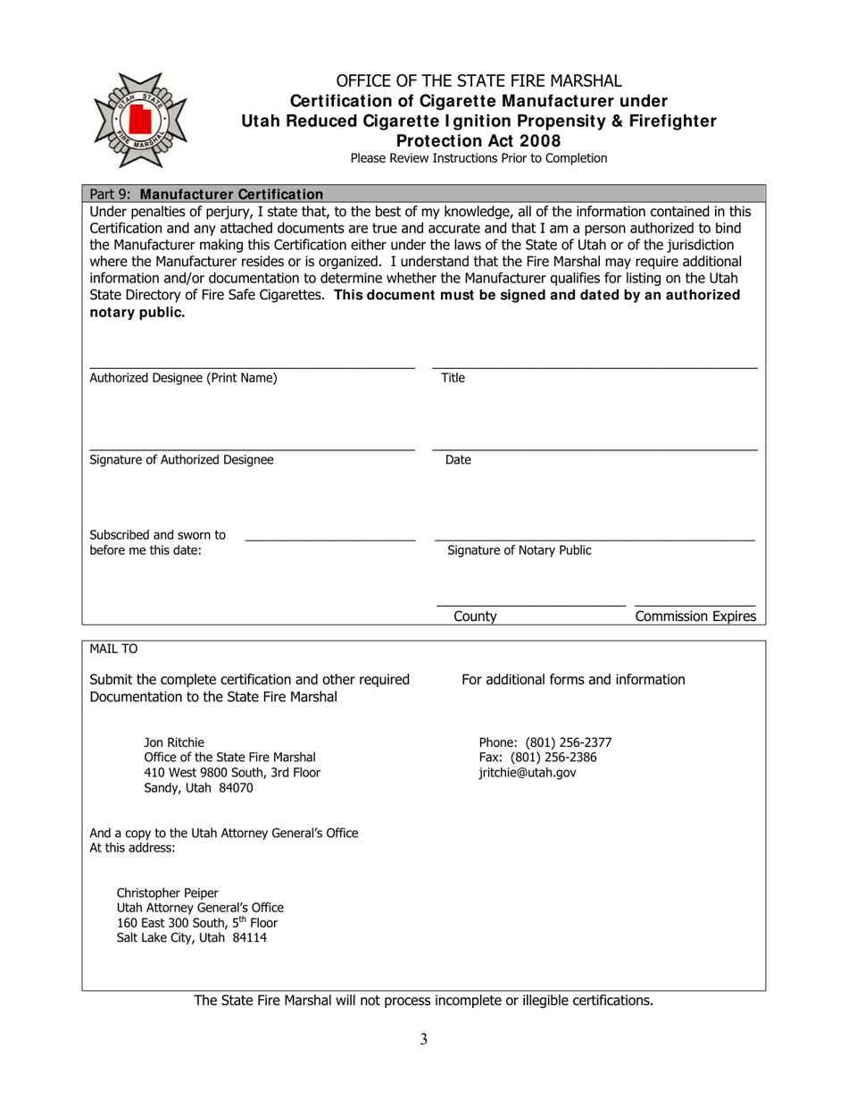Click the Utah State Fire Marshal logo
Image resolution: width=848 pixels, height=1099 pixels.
(139, 121)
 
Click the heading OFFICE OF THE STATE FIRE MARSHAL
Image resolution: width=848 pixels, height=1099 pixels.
(478, 81)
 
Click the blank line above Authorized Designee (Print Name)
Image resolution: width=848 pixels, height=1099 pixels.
(252, 366)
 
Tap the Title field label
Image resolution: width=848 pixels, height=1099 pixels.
(453, 378)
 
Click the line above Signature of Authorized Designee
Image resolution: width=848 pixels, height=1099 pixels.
(252, 449)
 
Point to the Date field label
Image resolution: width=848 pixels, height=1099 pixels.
(458, 460)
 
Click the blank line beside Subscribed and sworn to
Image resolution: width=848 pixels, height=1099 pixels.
(329, 539)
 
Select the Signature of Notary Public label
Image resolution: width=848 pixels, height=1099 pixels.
(519, 550)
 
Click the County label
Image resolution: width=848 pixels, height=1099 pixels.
(475, 617)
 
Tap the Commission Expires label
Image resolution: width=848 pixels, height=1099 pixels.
(695, 617)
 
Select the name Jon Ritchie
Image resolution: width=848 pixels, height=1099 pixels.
(174, 742)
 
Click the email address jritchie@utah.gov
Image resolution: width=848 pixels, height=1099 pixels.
(528, 773)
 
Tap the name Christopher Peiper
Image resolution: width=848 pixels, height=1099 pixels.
(167, 893)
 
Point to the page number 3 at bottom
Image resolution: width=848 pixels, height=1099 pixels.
(423, 1038)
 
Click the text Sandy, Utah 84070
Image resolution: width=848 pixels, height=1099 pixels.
(198, 788)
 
